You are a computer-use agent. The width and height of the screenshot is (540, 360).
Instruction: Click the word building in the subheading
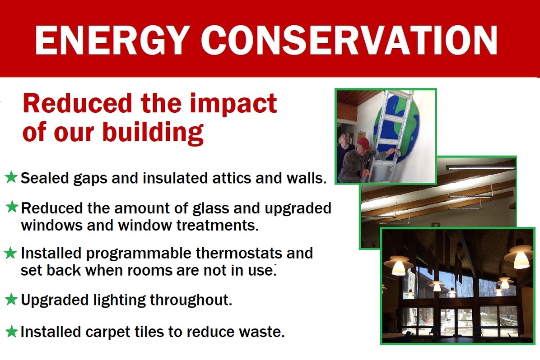coord(153,133)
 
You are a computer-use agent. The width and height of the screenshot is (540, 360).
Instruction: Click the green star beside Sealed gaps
coord(11,177)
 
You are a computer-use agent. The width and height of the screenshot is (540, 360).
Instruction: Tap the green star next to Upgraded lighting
coord(11,300)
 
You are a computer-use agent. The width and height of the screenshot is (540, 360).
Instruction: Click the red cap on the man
coord(363,143)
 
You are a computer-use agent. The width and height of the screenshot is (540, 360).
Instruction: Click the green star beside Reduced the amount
coord(12,207)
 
